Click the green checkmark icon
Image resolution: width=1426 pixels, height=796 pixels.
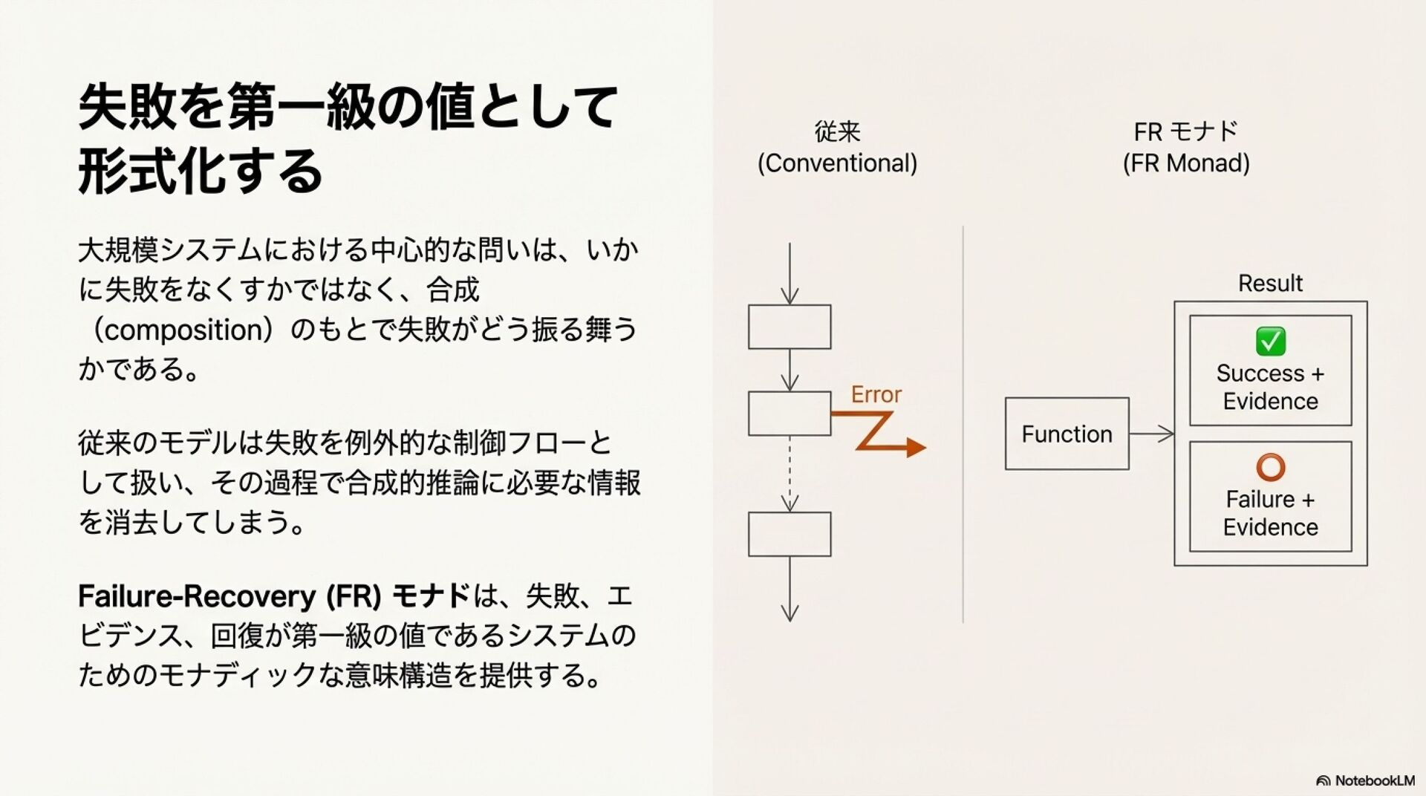pos(1270,341)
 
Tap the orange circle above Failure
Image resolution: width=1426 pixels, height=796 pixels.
pos(1270,467)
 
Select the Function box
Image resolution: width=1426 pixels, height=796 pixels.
pos(1067,434)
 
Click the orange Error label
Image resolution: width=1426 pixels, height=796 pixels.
pos(876,394)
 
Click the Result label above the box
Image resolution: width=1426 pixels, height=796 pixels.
pos(1270,283)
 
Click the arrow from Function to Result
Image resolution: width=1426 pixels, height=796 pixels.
pos(1152,434)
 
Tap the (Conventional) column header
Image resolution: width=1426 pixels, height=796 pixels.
pos(837,163)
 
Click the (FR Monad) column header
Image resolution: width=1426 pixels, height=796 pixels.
pos(1186,163)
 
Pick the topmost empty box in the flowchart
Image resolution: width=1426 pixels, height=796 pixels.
pos(789,327)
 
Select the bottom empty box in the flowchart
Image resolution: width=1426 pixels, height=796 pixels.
pos(789,534)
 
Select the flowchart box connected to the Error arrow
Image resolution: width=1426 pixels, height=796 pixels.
pos(789,414)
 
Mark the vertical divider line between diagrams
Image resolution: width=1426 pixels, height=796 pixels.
pos(963,423)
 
